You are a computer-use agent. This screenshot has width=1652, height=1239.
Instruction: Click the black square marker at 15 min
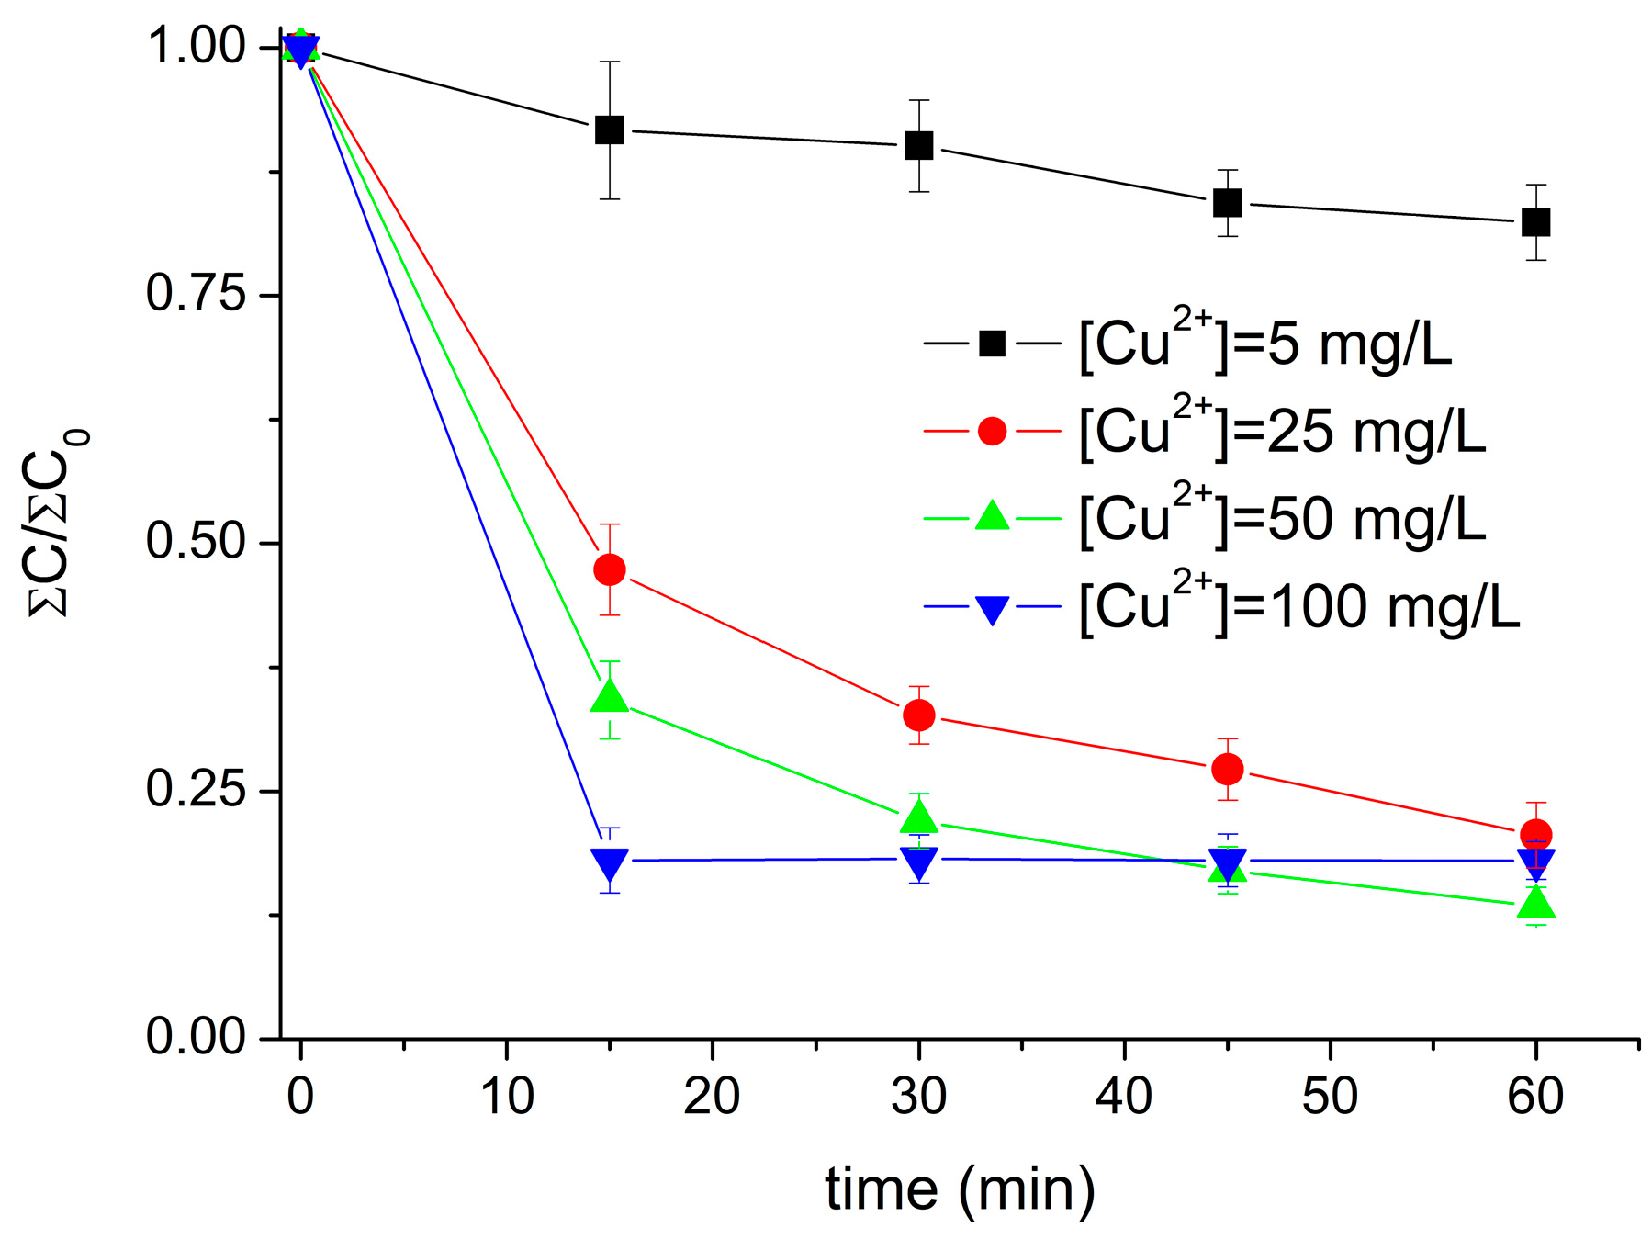pyautogui.click(x=610, y=130)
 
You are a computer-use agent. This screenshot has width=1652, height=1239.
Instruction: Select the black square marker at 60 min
pyautogui.click(x=1536, y=222)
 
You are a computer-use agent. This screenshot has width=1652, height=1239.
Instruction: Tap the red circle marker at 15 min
pyautogui.click(x=610, y=569)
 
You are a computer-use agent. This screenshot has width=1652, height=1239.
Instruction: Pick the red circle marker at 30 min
pyautogui.click(x=919, y=715)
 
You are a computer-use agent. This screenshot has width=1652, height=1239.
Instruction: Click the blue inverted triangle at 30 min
pyautogui.click(x=919, y=861)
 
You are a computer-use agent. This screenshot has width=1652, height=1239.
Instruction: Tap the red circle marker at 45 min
pyautogui.click(x=1228, y=769)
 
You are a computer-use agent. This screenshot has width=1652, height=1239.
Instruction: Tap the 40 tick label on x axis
pyautogui.click(x=1124, y=1096)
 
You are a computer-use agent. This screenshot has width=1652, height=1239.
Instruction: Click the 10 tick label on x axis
pyautogui.click(x=507, y=1096)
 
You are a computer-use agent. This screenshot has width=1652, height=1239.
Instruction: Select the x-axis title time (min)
pyautogui.click(x=960, y=1189)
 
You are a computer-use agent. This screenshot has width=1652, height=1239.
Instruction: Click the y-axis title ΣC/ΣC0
pyautogui.click(x=60, y=524)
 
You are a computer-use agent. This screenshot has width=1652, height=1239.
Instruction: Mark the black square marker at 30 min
pyautogui.click(x=919, y=145)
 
